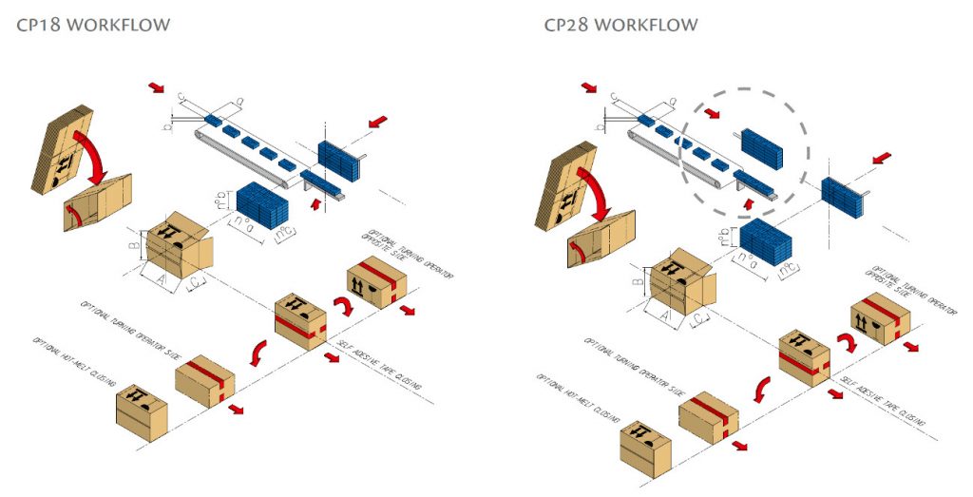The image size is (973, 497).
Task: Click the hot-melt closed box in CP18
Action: click(142, 409)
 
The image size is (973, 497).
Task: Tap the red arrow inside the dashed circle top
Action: click(714, 116)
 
